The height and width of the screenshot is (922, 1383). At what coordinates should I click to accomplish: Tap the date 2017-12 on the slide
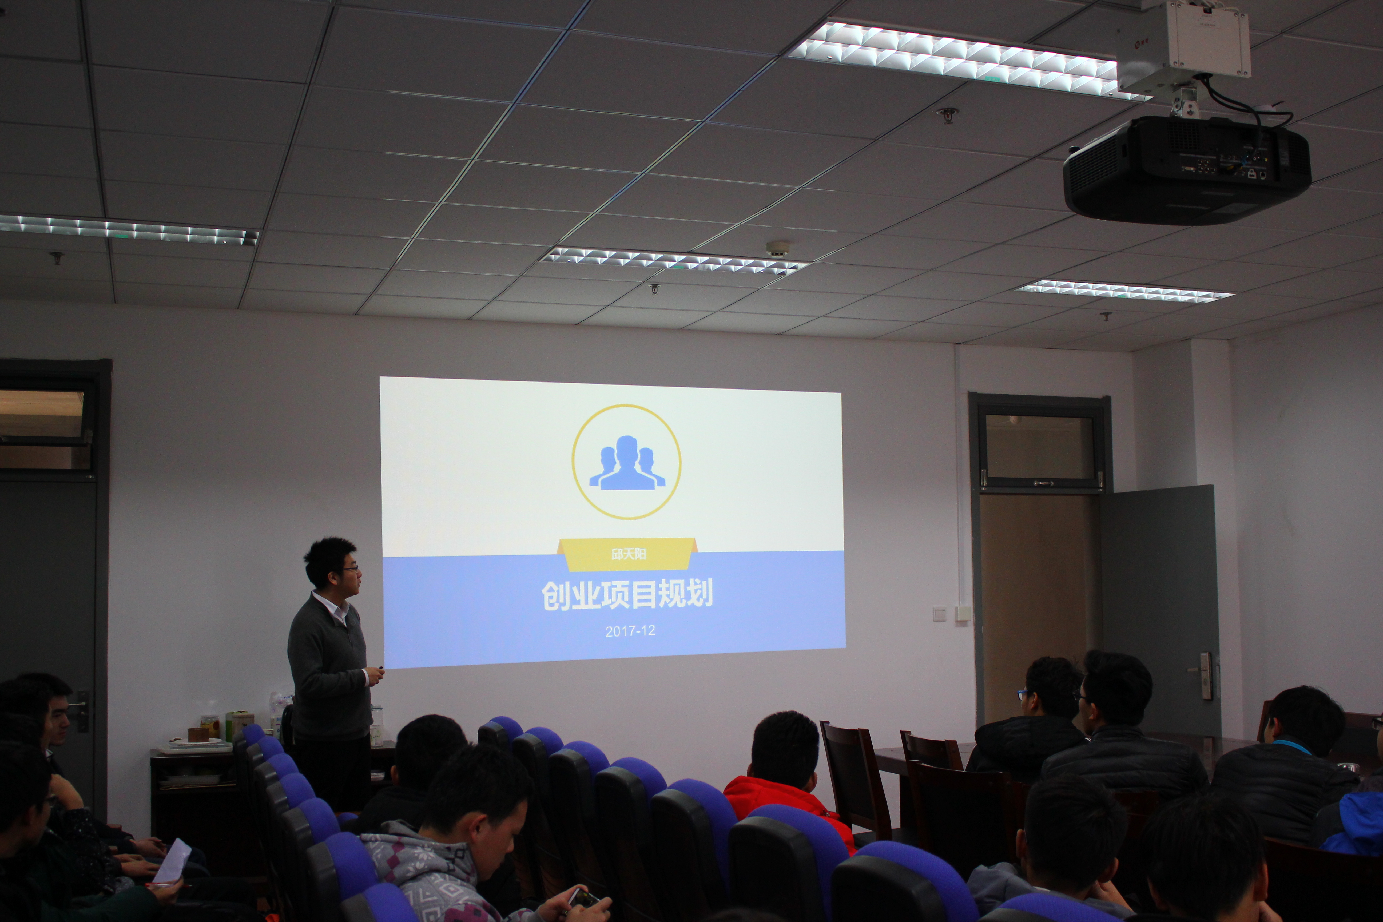630,631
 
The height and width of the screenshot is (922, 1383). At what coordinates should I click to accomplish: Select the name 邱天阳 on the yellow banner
629,554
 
